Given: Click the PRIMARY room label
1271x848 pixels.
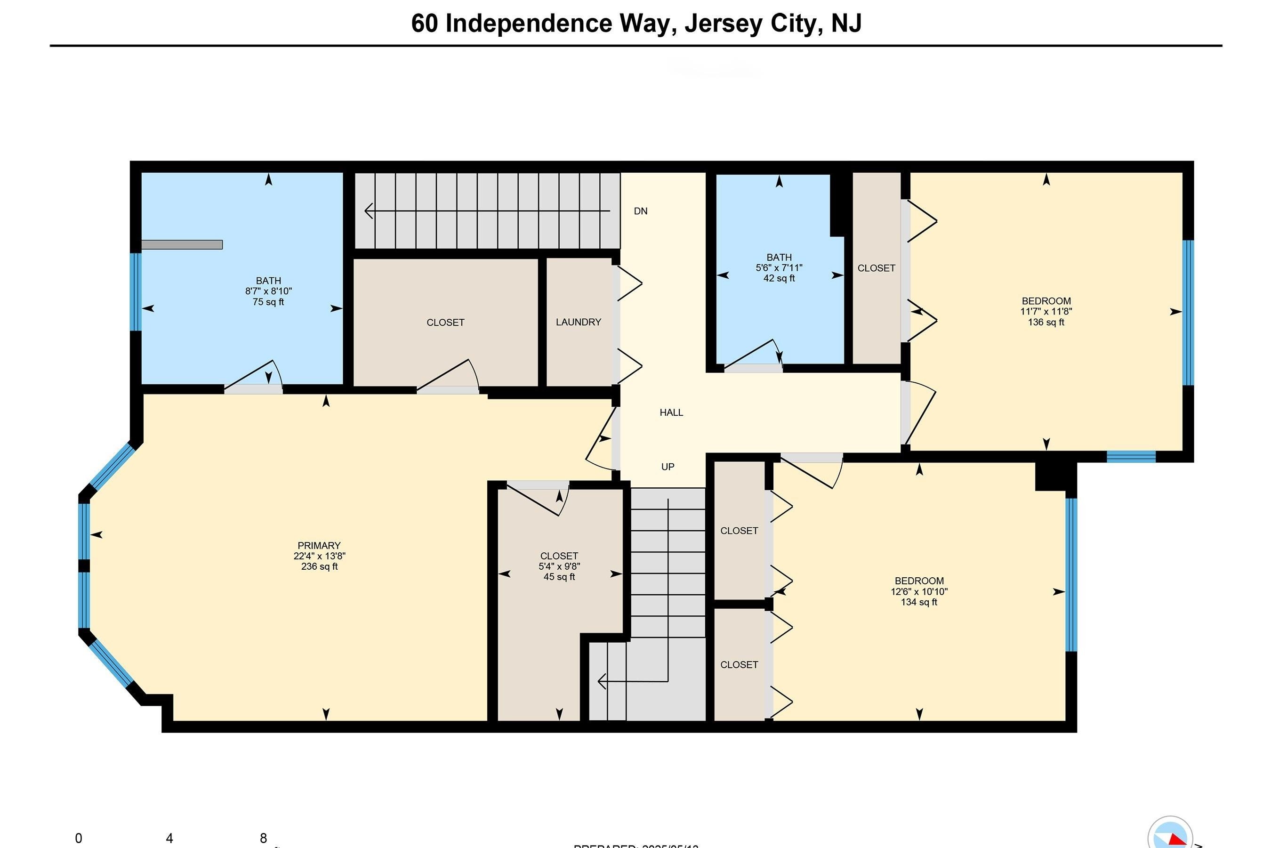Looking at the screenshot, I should coord(319,545).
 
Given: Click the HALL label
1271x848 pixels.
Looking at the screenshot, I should coord(671,412).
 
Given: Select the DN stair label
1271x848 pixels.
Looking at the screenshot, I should coord(640,211).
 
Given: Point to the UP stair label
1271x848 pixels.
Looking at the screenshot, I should coord(667,466).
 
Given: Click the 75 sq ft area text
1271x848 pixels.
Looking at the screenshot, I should coord(268,302).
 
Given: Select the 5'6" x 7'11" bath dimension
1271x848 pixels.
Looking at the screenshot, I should coord(779,268).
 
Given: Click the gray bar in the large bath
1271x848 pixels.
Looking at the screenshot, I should coord(182,244).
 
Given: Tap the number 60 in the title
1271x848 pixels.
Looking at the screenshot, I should coord(425,23).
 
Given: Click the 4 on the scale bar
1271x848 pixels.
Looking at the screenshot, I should coord(169,838).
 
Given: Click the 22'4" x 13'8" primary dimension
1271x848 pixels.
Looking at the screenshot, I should coord(319,556).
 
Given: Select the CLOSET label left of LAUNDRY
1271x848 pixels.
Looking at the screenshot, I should coord(445,323).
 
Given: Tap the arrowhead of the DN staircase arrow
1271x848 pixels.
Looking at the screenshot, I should coord(368,211).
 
